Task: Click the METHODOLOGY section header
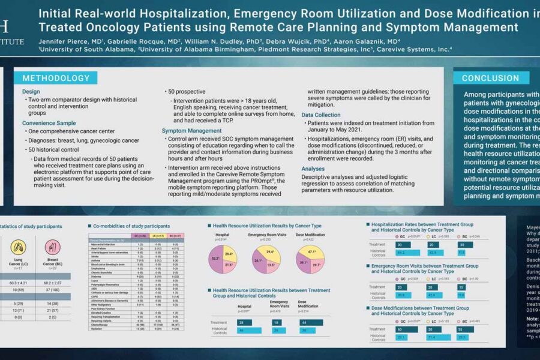56,79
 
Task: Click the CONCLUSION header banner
490,78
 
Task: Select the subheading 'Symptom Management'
187,130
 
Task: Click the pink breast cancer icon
55,246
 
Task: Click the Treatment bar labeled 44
309,322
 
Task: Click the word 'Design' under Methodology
31,92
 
